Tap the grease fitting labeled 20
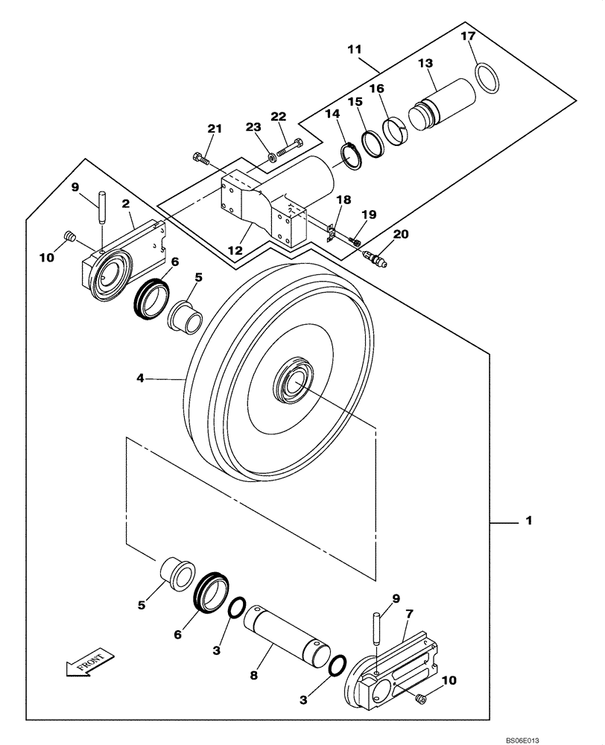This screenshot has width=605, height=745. (x=374, y=259)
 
